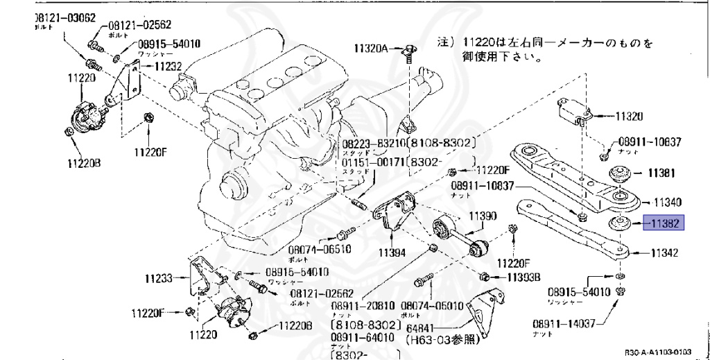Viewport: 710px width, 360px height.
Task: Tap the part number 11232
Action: (x=168, y=67)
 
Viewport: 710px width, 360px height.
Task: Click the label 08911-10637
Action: (x=650, y=142)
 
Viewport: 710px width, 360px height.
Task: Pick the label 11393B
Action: (x=523, y=277)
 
